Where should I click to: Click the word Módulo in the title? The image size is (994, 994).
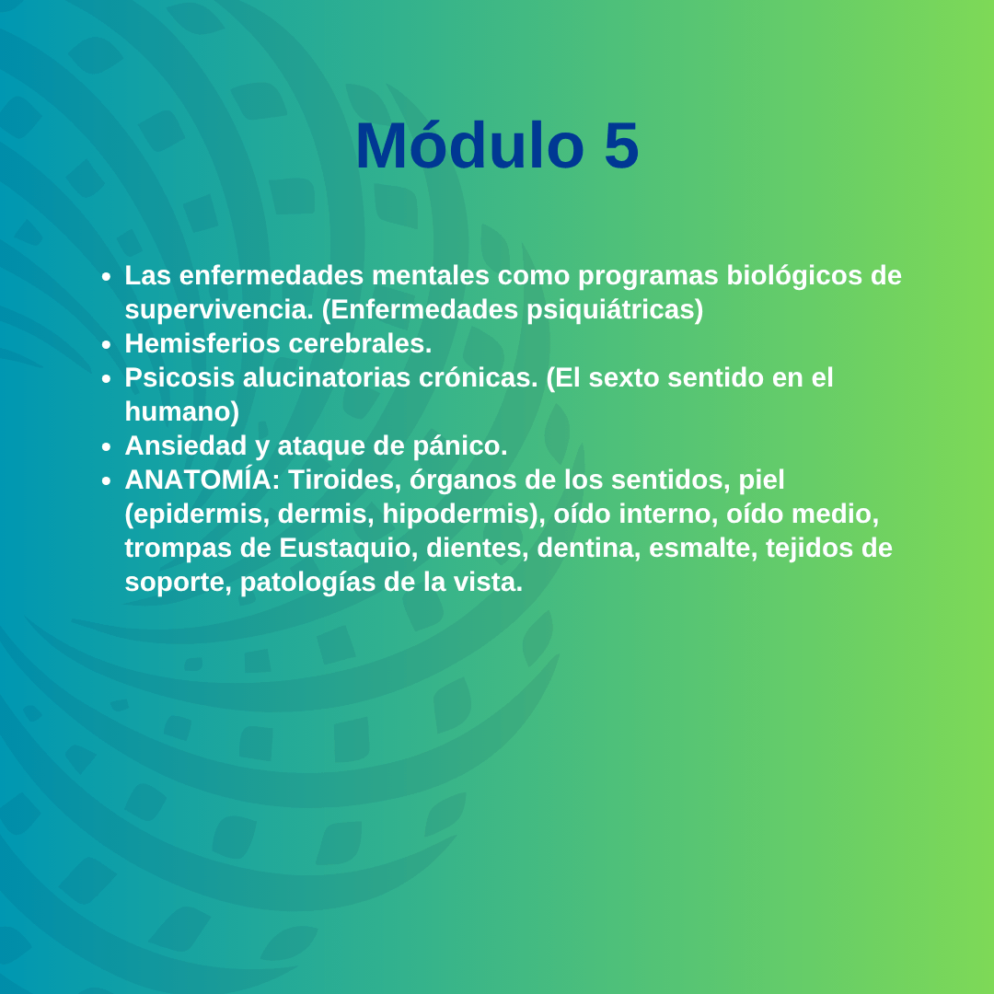click(469, 145)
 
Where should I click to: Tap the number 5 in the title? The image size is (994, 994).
click(621, 145)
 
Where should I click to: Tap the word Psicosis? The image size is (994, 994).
click(179, 378)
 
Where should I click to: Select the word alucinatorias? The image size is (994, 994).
click(327, 378)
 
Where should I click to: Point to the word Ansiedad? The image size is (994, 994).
click(185, 445)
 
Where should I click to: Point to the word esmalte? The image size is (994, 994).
click(704, 549)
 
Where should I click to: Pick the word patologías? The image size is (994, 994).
click(307, 583)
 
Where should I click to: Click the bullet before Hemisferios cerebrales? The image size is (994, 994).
click(106, 345)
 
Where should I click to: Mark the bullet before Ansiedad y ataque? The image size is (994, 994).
click(106, 447)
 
